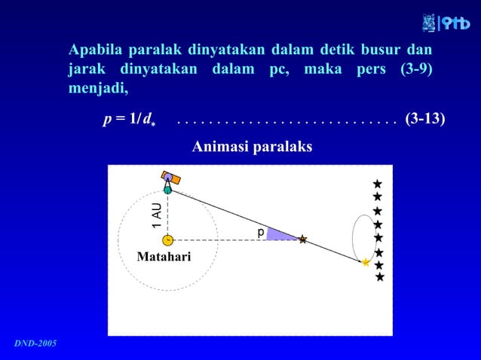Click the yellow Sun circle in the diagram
coord(167,240)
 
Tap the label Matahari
coord(164,258)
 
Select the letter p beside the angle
coord(261,233)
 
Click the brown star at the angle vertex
coord(302,239)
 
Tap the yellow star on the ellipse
coord(366,263)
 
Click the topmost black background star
coord(377,184)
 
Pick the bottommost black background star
coord(380,277)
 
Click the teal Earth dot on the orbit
coord(167,191)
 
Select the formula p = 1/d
coord(129,120)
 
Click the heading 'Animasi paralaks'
coord(252,146)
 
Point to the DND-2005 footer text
coord(35,343)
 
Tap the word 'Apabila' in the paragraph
coord(96,51)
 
